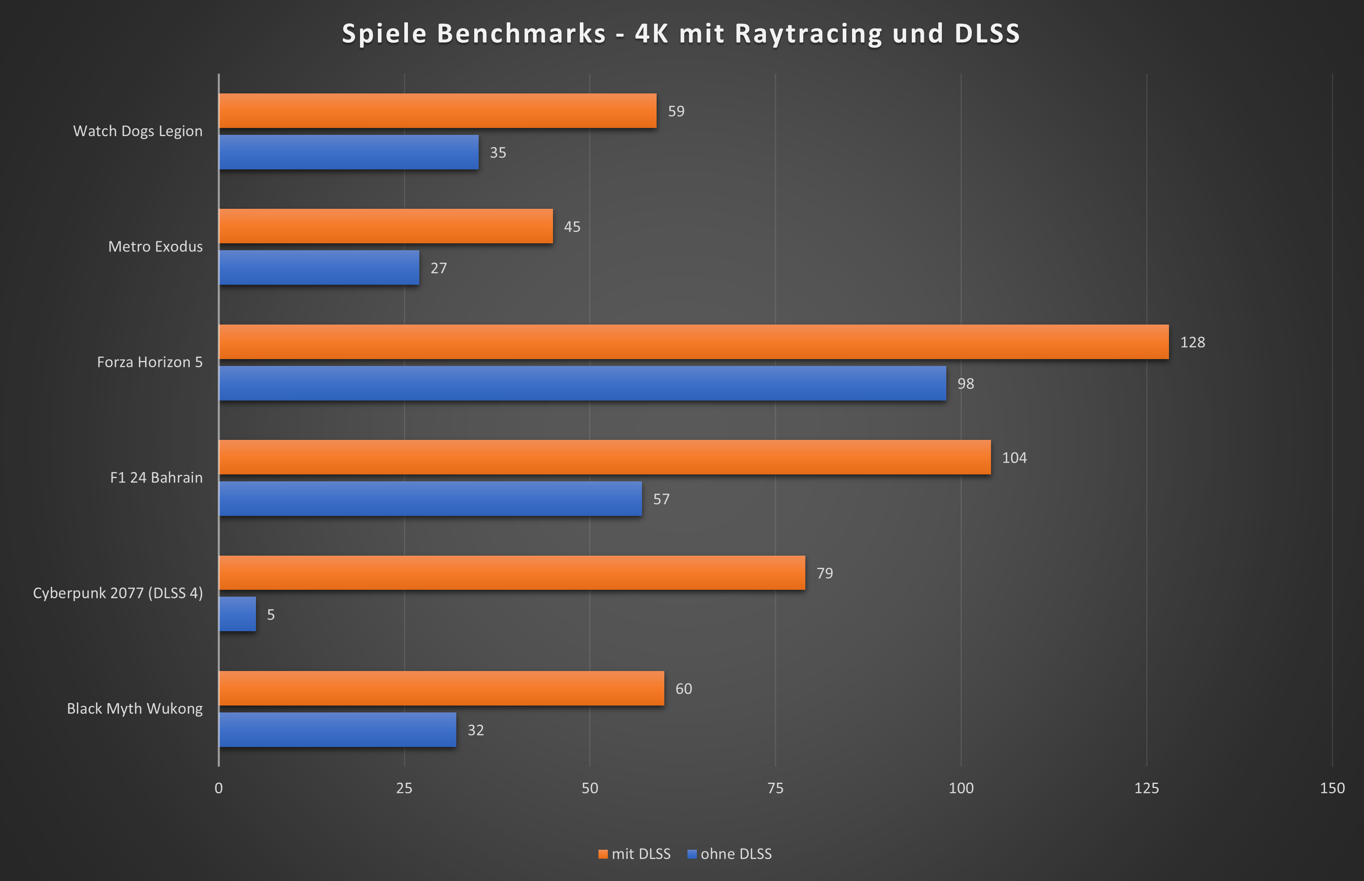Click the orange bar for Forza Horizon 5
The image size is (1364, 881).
[x=694, y=342]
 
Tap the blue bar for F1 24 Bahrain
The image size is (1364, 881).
[x=430, y=499]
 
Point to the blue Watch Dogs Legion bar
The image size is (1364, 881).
[x=349, y=152]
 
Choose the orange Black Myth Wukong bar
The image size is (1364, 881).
[x=441, y=688]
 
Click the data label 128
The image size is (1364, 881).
[x=1193, y=342]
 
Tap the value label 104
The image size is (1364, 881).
[x=1014, y=458]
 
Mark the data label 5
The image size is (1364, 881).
[x=271, y=615]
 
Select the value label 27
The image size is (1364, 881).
[x=438, y=268]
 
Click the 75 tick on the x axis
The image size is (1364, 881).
[x=775, y=788]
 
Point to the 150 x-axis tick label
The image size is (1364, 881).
[x=1332, y=788]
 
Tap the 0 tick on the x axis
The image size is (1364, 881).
[x=219, y=788]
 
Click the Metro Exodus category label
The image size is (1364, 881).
[x=155, y=247]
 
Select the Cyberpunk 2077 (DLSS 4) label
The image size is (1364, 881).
[x=118, y=593]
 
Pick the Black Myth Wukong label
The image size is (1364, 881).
[x=134, y=709]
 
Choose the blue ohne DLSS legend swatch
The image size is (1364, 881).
[x=692, y=854]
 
